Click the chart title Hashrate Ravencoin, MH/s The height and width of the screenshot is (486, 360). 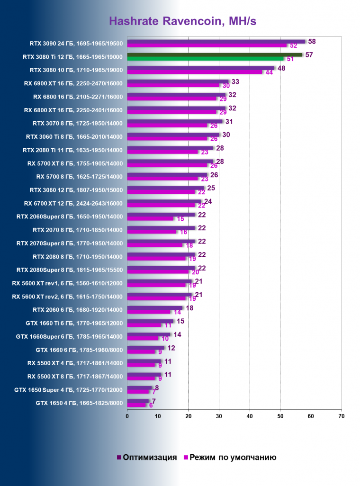tap(182, 21)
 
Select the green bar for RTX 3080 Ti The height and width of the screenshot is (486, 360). tap(213, 55)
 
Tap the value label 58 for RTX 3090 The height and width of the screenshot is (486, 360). tap(312, 41)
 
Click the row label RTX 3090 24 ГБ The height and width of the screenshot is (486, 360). tap(76, 44)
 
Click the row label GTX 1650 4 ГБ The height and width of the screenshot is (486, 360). tap(79, 403)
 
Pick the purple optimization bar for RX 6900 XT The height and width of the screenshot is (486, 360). tap(178, 81)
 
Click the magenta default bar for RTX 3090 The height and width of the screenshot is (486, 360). tap(207, 45)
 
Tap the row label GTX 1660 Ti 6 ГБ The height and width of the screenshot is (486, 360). tap(74, 323)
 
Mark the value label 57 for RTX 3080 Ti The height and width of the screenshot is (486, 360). tap(309, 54)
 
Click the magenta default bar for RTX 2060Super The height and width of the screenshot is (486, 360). tap(150, 218)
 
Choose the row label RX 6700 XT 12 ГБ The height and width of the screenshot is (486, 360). tap(73, 203)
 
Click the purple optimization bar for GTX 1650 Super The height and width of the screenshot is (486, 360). tap(139, 387)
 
